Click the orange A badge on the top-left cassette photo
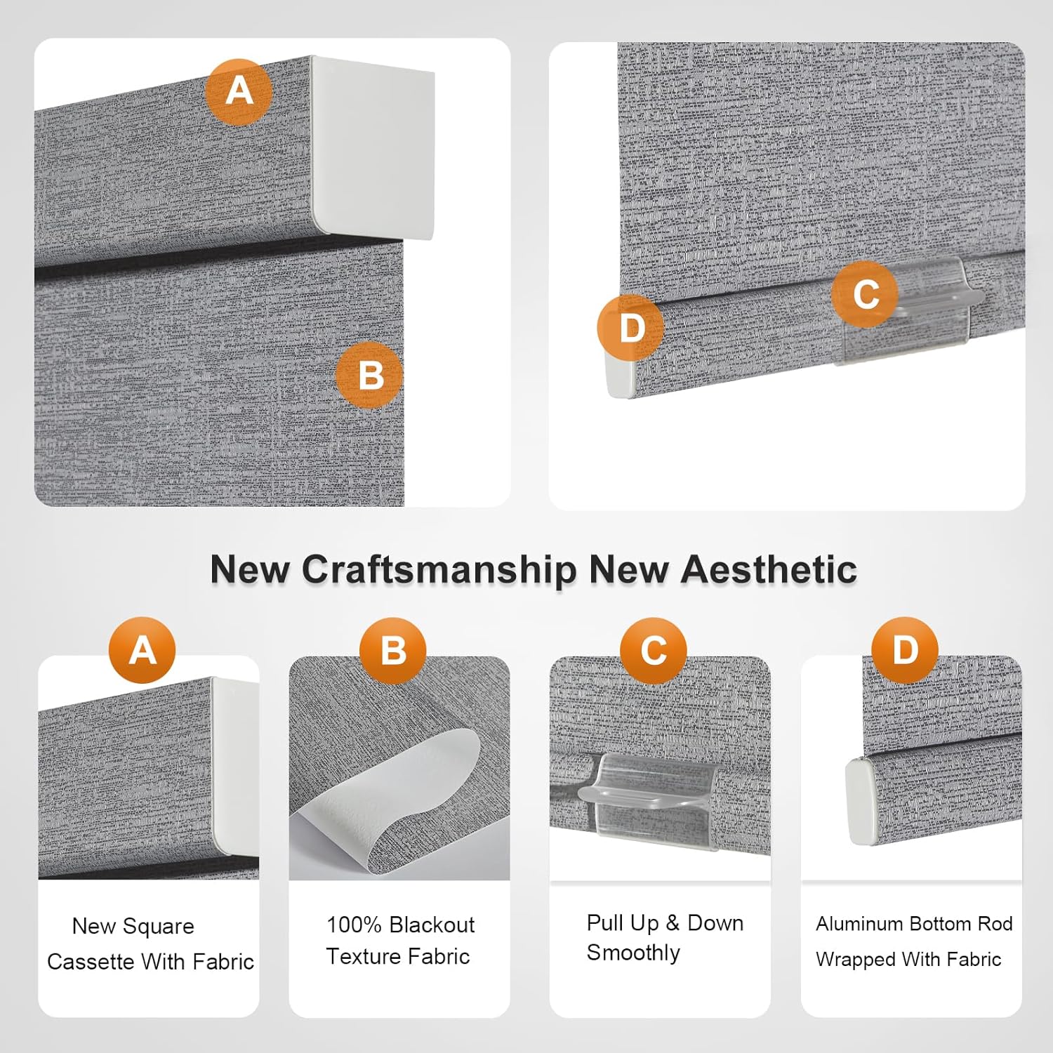(x=239, y=92)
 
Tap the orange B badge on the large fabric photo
(x=369, y=375)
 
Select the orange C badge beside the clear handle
(x=865, y=294)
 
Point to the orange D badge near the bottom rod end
(x=631, y=328)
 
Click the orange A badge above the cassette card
(x=143, y=651)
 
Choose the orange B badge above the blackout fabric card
(x=393, y=651)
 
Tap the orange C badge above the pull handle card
(x=654, y=651)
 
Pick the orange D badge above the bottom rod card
(x=905, y=651)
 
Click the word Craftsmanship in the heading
(x=439, y=570)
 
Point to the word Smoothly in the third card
(x=633, y=953)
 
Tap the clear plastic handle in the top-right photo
(x=907, y=309)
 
